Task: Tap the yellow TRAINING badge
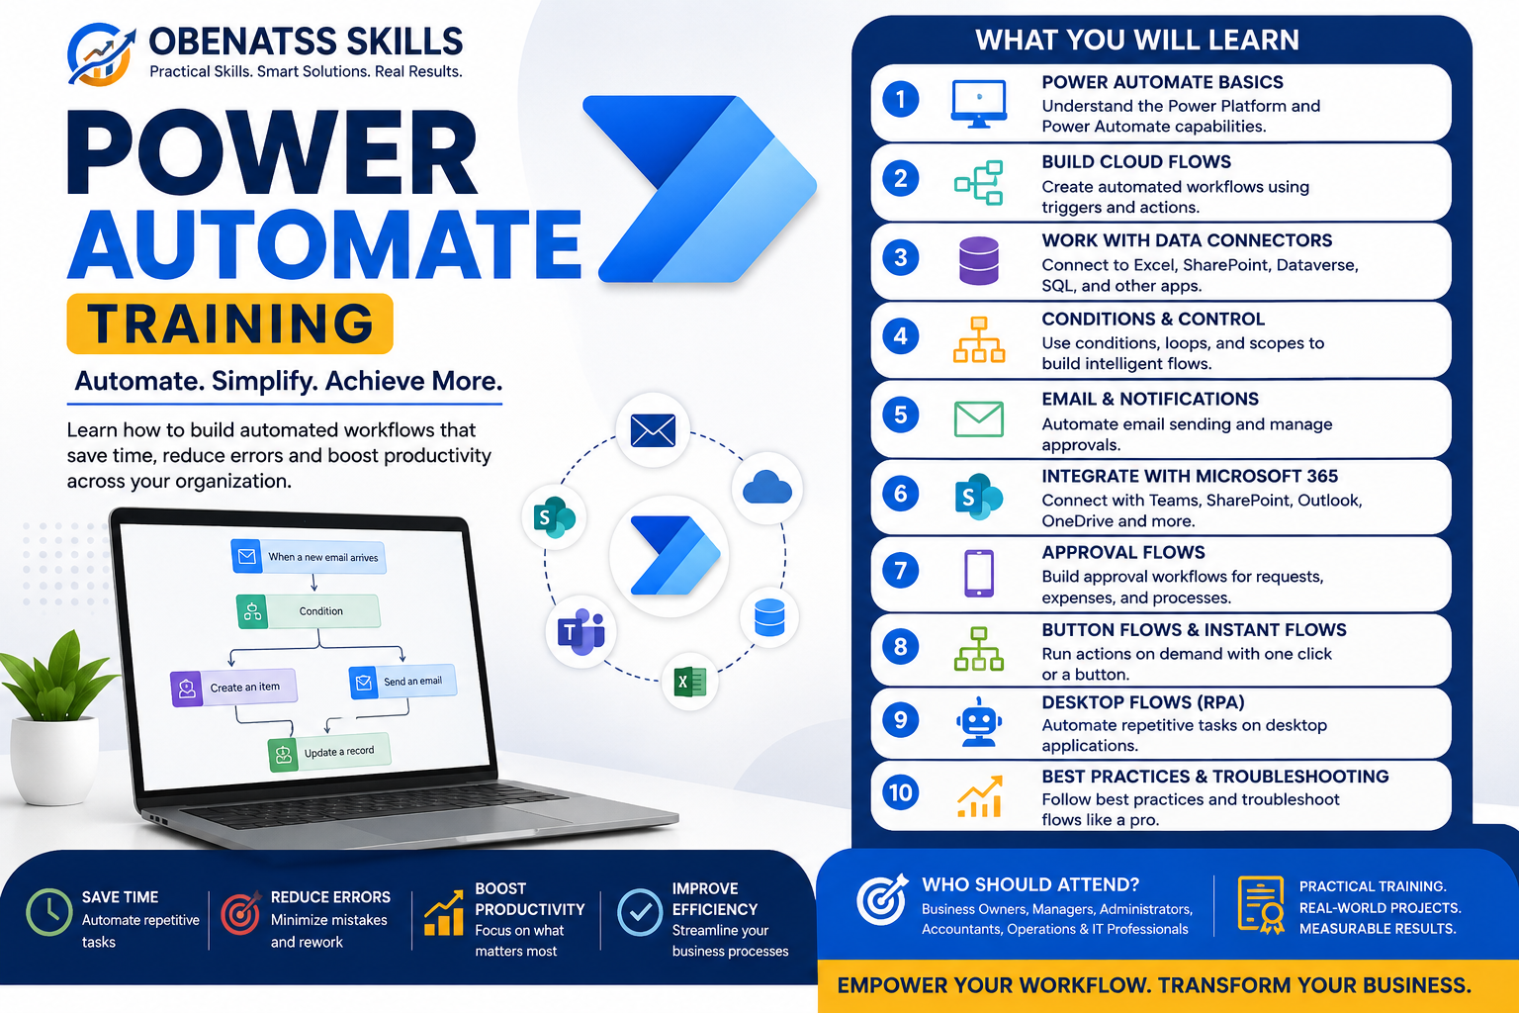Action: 229,323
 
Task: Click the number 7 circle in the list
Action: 901,571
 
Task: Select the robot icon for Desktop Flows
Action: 978,722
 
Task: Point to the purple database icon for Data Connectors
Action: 978,260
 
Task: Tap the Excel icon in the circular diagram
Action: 690,682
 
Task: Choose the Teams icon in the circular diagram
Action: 581,632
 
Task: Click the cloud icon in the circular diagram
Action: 767,488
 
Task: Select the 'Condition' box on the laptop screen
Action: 308,610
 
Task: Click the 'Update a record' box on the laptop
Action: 329,752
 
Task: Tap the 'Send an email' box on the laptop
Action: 402,682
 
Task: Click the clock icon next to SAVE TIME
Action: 48,912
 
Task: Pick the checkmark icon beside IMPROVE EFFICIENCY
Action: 640,912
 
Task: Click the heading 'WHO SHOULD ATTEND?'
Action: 1030,884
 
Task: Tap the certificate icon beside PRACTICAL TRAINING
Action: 1261,905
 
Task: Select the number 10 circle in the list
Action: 901,792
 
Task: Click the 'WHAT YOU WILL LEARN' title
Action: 1137,40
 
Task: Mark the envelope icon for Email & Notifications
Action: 978,418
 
